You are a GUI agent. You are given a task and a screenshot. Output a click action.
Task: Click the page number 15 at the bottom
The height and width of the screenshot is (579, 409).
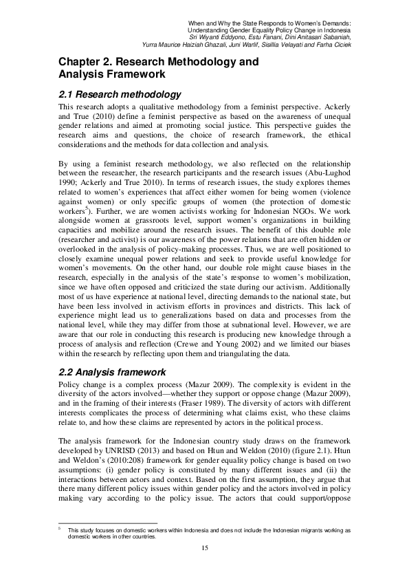tap(204, 547)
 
